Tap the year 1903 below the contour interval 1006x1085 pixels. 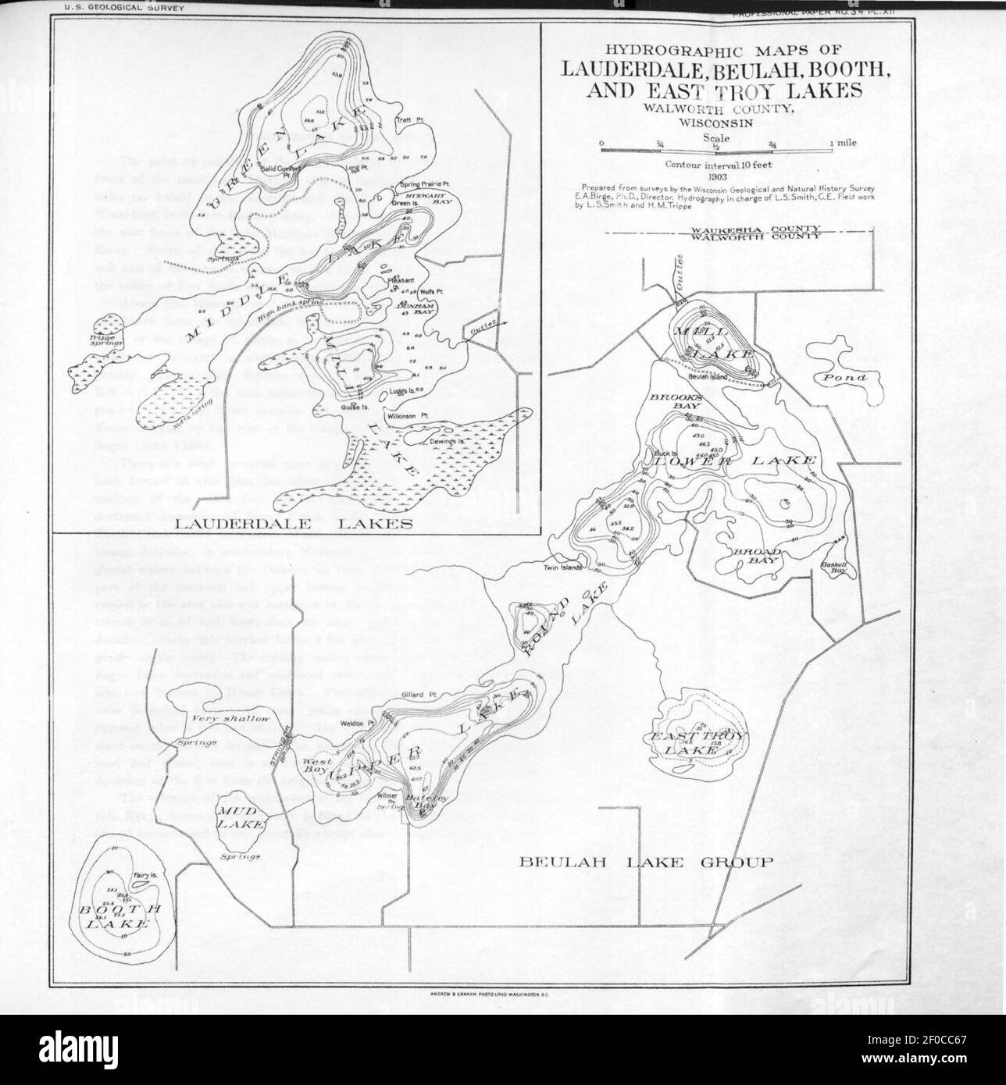click(715, 177)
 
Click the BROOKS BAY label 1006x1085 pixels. click(677, 402)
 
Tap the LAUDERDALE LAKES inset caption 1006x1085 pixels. click(294, 524)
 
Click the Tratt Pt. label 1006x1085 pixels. click(408, 120)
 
